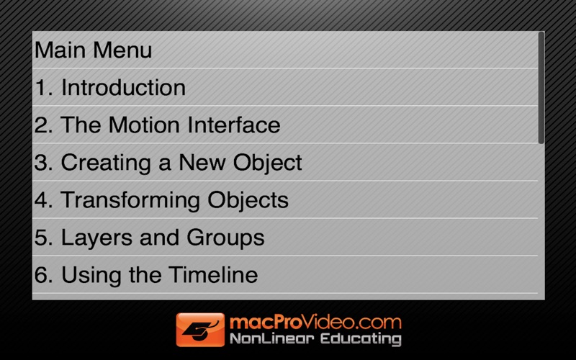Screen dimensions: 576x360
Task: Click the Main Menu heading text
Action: coord(93,50)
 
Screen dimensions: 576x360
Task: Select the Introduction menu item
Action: coord(123,87)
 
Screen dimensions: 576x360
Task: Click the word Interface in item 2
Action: coord(234,125)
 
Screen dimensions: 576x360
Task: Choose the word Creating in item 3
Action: coord(106,163)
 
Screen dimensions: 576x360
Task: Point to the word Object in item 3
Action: coord(267,163)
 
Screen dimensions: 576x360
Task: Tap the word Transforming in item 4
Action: coord(130,201)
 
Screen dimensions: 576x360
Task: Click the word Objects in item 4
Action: coord(248,201)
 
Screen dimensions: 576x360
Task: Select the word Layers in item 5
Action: coord(96,238)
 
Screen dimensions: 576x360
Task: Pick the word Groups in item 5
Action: coord(225,238)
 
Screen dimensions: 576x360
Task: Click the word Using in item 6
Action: coord(91,276)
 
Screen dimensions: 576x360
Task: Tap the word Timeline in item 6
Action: coord(213,275)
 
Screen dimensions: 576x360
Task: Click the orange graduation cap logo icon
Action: coord(200,330)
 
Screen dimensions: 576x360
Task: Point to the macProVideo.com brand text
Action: coord(315,322)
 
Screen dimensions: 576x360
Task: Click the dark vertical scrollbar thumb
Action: coord(541,88)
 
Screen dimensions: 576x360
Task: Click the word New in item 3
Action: coord(202,163)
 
